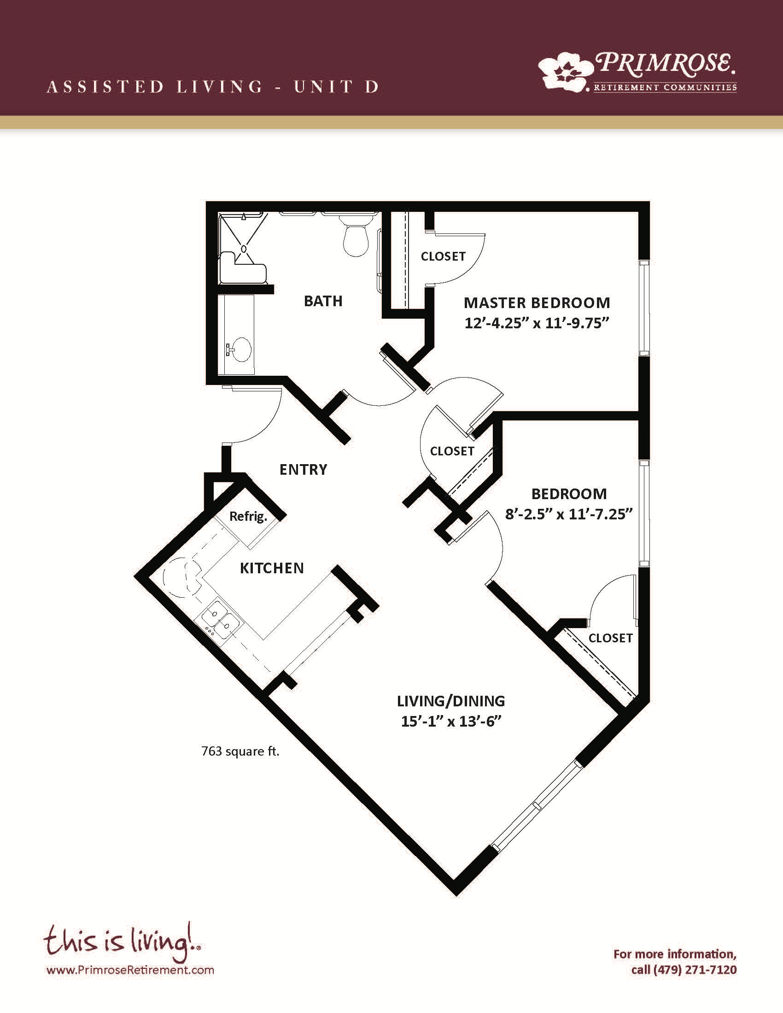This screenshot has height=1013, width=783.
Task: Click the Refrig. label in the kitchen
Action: coord(248,517)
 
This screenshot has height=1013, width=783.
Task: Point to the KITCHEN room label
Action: coord(272,568)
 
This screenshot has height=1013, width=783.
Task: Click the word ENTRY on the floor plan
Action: coord(304,470)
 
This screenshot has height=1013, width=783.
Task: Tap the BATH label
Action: coord(323,301)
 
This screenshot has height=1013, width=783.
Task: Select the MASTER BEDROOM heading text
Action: coord(537,303)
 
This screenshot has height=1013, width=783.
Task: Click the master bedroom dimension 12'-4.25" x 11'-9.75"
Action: coord(537,323)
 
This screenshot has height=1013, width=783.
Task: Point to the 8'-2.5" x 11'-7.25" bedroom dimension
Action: coord(569,514)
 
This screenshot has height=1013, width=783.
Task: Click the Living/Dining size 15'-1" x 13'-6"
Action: coord(451,722)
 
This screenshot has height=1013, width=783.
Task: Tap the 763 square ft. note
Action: coord(240,751)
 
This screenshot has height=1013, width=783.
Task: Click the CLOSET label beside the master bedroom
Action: coord(443,256)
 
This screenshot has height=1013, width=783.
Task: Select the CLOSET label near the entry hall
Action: coord(452,451)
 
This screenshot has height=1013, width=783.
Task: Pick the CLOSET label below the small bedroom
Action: coord(610,638)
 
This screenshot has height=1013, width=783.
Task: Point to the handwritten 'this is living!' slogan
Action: coord(122,942)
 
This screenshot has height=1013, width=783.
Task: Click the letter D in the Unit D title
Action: coord(372,87)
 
